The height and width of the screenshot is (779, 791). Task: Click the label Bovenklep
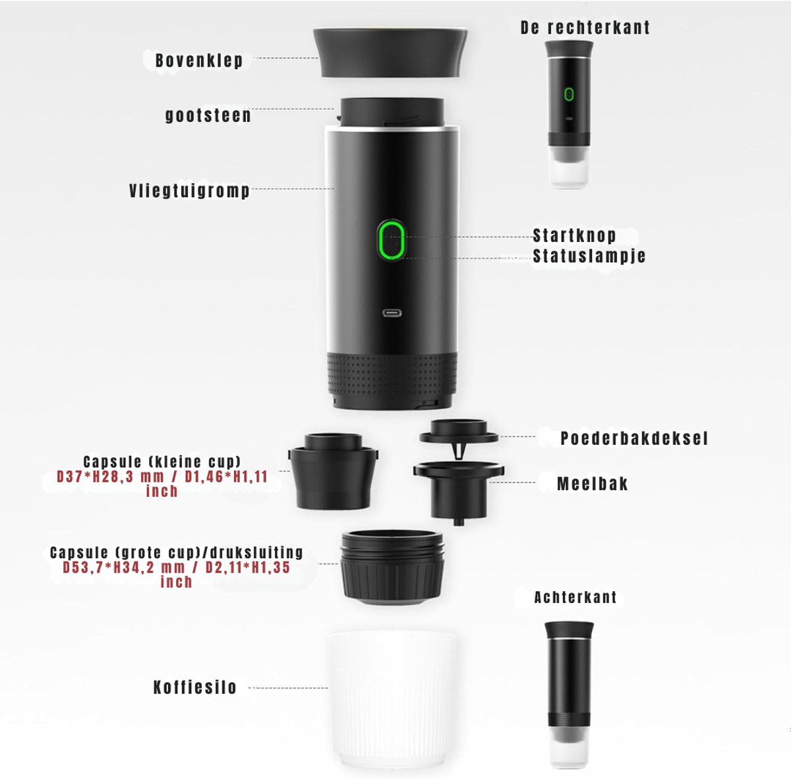coord(199,61)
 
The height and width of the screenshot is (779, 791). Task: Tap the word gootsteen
coord(208,115)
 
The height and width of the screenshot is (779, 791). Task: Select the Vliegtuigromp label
coord(189,191)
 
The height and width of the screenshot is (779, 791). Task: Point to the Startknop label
coord(574,235)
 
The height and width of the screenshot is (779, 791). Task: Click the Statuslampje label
coord(589,256)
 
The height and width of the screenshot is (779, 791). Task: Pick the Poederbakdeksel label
coord(634,438)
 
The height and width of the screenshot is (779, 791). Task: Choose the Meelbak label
coord(593,484)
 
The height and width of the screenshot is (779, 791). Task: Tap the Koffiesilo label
coord(195,687)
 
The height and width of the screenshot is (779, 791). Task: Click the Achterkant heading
coord(575,598)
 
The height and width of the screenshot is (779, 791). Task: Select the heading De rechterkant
coord(585,28)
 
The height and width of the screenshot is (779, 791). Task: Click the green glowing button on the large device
coord(391,240)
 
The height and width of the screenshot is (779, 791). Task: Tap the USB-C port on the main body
coord(392,313)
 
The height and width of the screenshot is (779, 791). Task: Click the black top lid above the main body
coord(390,53)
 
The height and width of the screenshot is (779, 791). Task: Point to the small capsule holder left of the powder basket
coord(333,471)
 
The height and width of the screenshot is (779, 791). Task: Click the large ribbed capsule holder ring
coord(392,567)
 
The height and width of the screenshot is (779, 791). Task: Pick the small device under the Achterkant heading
coord(569,695)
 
